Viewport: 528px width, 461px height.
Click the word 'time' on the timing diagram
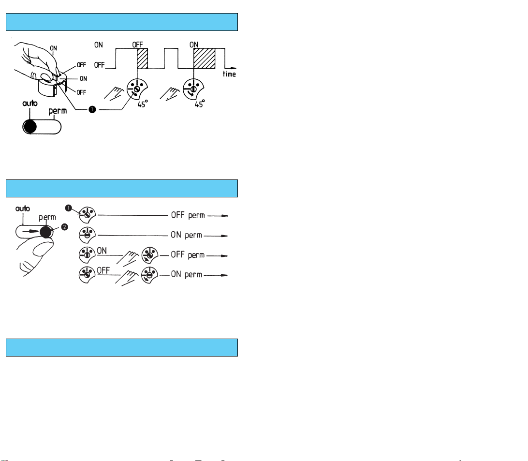[229, 74]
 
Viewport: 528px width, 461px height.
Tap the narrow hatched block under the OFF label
[143, 59]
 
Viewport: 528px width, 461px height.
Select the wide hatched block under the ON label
[205, 59]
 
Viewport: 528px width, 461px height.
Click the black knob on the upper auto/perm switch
[29, 127]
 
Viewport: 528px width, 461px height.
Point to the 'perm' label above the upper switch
[58, 111]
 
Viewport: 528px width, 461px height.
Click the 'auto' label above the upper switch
[30, 103]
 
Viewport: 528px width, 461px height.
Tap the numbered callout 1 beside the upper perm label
[92, 109]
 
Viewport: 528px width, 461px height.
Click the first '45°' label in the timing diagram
[143, 104]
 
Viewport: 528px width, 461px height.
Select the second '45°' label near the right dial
[200, 104]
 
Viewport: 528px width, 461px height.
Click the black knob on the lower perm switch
[46, 232]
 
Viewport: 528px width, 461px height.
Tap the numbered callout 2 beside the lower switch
[64, 227]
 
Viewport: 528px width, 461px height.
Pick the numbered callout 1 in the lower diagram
[68, 208]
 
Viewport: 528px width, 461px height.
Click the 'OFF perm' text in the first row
[188, 215]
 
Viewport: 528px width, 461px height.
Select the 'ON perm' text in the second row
[186, 235]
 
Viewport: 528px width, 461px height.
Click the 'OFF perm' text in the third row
[188, 255]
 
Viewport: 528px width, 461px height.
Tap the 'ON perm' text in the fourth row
[187, 274]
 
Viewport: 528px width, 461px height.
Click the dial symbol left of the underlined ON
[87, 255]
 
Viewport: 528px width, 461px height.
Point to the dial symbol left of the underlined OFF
[87, 275]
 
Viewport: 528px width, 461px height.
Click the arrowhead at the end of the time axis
[234, 68]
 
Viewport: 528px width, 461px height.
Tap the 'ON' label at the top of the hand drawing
[54, 48]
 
